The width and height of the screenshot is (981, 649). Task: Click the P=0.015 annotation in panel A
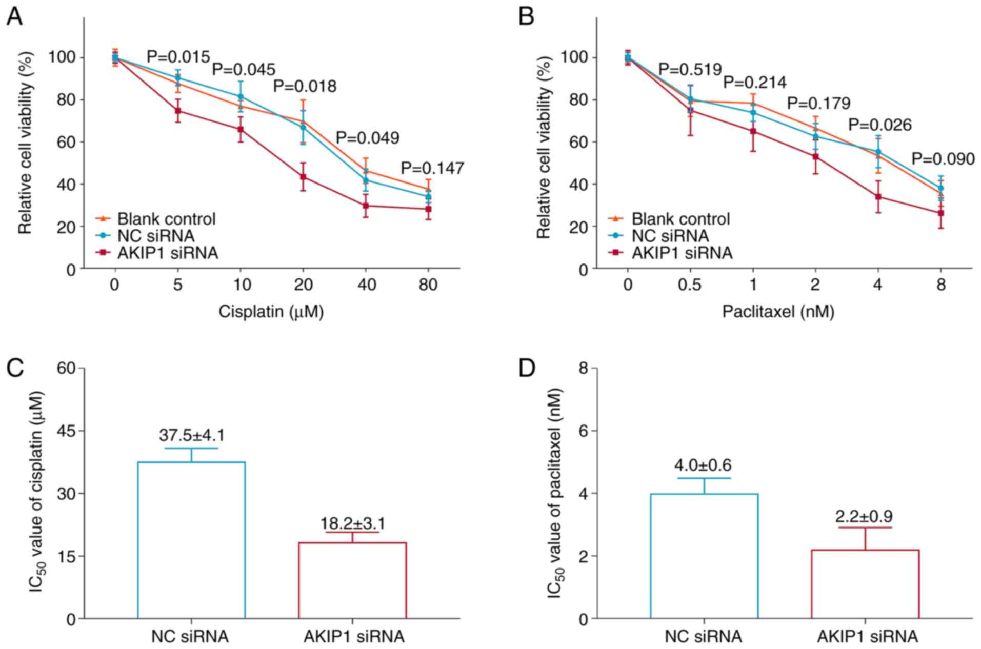tap(178, 57)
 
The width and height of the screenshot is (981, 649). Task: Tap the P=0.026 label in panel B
tap(879, 125)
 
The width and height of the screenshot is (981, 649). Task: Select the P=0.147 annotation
tap(432, 168)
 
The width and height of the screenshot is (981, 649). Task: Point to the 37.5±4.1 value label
tap(191, 435)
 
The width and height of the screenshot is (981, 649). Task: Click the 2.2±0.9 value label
tap(865, 516)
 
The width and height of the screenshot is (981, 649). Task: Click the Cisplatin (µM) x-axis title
tap(271, 311)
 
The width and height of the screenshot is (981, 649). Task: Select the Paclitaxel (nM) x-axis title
tap(778, 311)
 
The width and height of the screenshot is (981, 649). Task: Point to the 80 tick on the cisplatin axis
tap(428, 284)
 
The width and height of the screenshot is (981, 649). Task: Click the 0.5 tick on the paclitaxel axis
tap(690, 284)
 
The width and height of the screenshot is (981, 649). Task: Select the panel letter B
tap(526, 16)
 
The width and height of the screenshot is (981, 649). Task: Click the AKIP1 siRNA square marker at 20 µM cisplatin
tap(303, 177)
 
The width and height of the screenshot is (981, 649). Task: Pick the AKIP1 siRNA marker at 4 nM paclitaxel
tap(878, 197)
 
